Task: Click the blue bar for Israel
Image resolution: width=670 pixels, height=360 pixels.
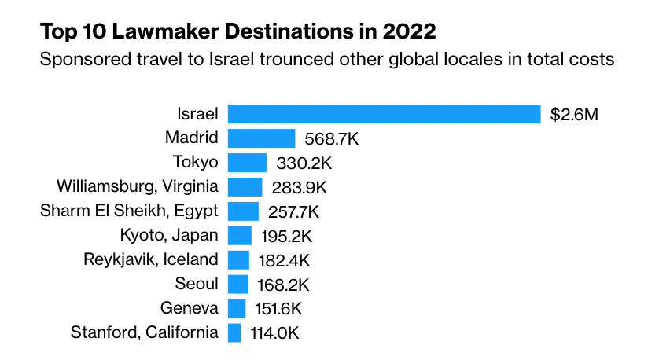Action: pyautogui.click(x=384, y=114)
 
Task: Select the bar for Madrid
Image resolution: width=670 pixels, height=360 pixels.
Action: pyautogui.click(x=261, y=138)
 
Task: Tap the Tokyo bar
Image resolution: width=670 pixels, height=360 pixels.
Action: pyautogui.click(x=247, y=163)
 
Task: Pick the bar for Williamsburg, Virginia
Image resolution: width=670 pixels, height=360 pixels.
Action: pyautogui.click(x=245, y=187)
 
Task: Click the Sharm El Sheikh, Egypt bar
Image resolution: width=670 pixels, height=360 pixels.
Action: pyautogui.click(x=243, y=211)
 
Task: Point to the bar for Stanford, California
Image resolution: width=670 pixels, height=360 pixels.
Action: pyautogui.click(x=234, y=332)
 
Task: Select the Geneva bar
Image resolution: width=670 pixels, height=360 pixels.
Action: pyautogui.click(x=237, y=308)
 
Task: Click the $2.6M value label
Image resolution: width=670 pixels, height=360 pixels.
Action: pyautogui.click(x=574, y=115)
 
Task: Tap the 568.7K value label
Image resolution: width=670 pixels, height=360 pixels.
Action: pyautogui.click(x=331, y=139)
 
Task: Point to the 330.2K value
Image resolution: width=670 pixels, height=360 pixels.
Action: pyautogui.click(x=304, y=163)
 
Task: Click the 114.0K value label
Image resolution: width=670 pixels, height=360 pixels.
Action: pyautogui.click(x=274, y=333)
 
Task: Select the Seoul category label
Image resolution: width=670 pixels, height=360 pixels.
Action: pyautogui.click(x=197, y=284)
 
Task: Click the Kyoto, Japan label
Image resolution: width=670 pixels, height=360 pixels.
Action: pyautogui.click(x=169, y=235)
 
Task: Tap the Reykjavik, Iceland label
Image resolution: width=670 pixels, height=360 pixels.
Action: pyautogui.click(x=151, y=259)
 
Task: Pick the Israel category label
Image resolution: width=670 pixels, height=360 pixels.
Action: pyautogui.click(x=197, y=114)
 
